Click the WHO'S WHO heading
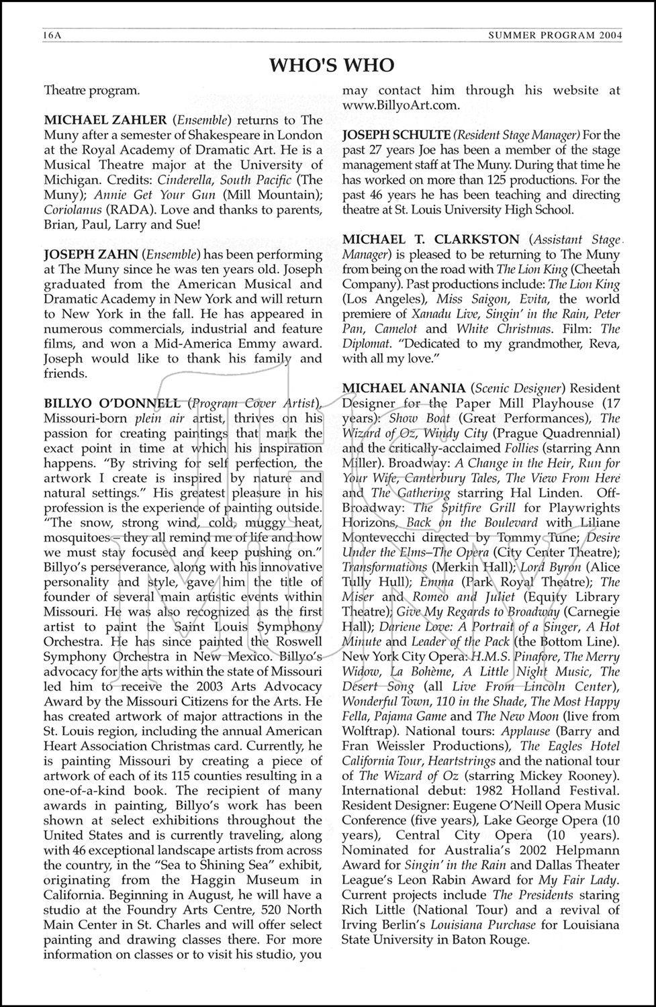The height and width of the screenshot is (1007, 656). coord(331,64)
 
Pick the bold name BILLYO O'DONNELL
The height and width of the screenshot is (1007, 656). coord(112,403)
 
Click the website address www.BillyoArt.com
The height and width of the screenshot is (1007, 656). coord(401,105)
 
